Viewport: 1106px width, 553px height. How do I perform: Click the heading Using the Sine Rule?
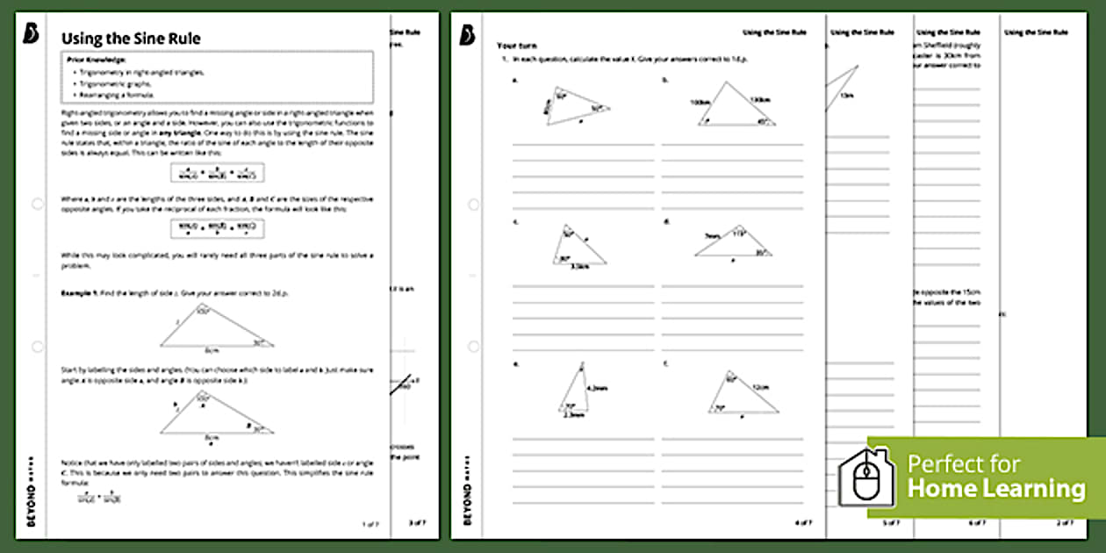tap(131, 39)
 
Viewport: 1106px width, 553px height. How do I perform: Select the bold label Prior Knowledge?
tap(97, 59)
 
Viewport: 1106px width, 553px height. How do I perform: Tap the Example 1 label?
tap(83, 291)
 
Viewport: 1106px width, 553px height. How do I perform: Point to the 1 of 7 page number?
tap(370, 524)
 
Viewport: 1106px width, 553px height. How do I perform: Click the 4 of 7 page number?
tap(802, 524)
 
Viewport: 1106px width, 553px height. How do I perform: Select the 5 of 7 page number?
tap(890, 524)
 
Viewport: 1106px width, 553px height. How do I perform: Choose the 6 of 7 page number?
tap(978, 524)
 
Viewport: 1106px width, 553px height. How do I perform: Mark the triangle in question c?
tap(578, 245)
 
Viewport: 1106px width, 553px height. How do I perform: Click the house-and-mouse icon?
tap(865, 478)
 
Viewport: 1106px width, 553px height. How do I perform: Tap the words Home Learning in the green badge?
tap(996, 489)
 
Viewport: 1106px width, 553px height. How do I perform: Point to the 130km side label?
tap(758, 99)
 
